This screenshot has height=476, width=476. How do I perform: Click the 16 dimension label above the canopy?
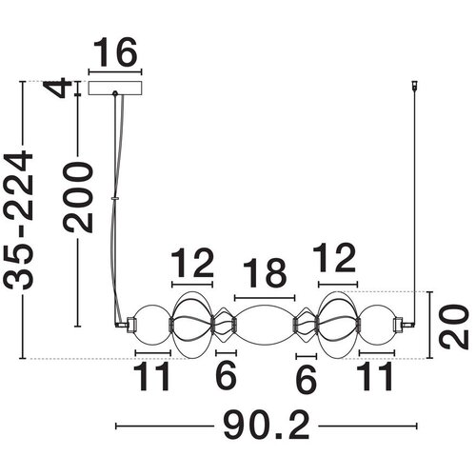(115, 52)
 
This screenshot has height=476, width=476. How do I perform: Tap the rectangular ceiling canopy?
(115, 88)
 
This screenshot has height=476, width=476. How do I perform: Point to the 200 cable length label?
(78, 197)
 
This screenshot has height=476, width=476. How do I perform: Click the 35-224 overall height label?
(18, 221)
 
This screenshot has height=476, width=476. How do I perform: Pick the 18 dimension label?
(265, 273)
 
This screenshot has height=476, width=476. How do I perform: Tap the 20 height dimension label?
(453, 327)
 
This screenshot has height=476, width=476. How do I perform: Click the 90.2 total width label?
(267, 426)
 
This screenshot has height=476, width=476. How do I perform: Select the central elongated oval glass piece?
(265, 325)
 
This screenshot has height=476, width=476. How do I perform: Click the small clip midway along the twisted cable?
(115, 198)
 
